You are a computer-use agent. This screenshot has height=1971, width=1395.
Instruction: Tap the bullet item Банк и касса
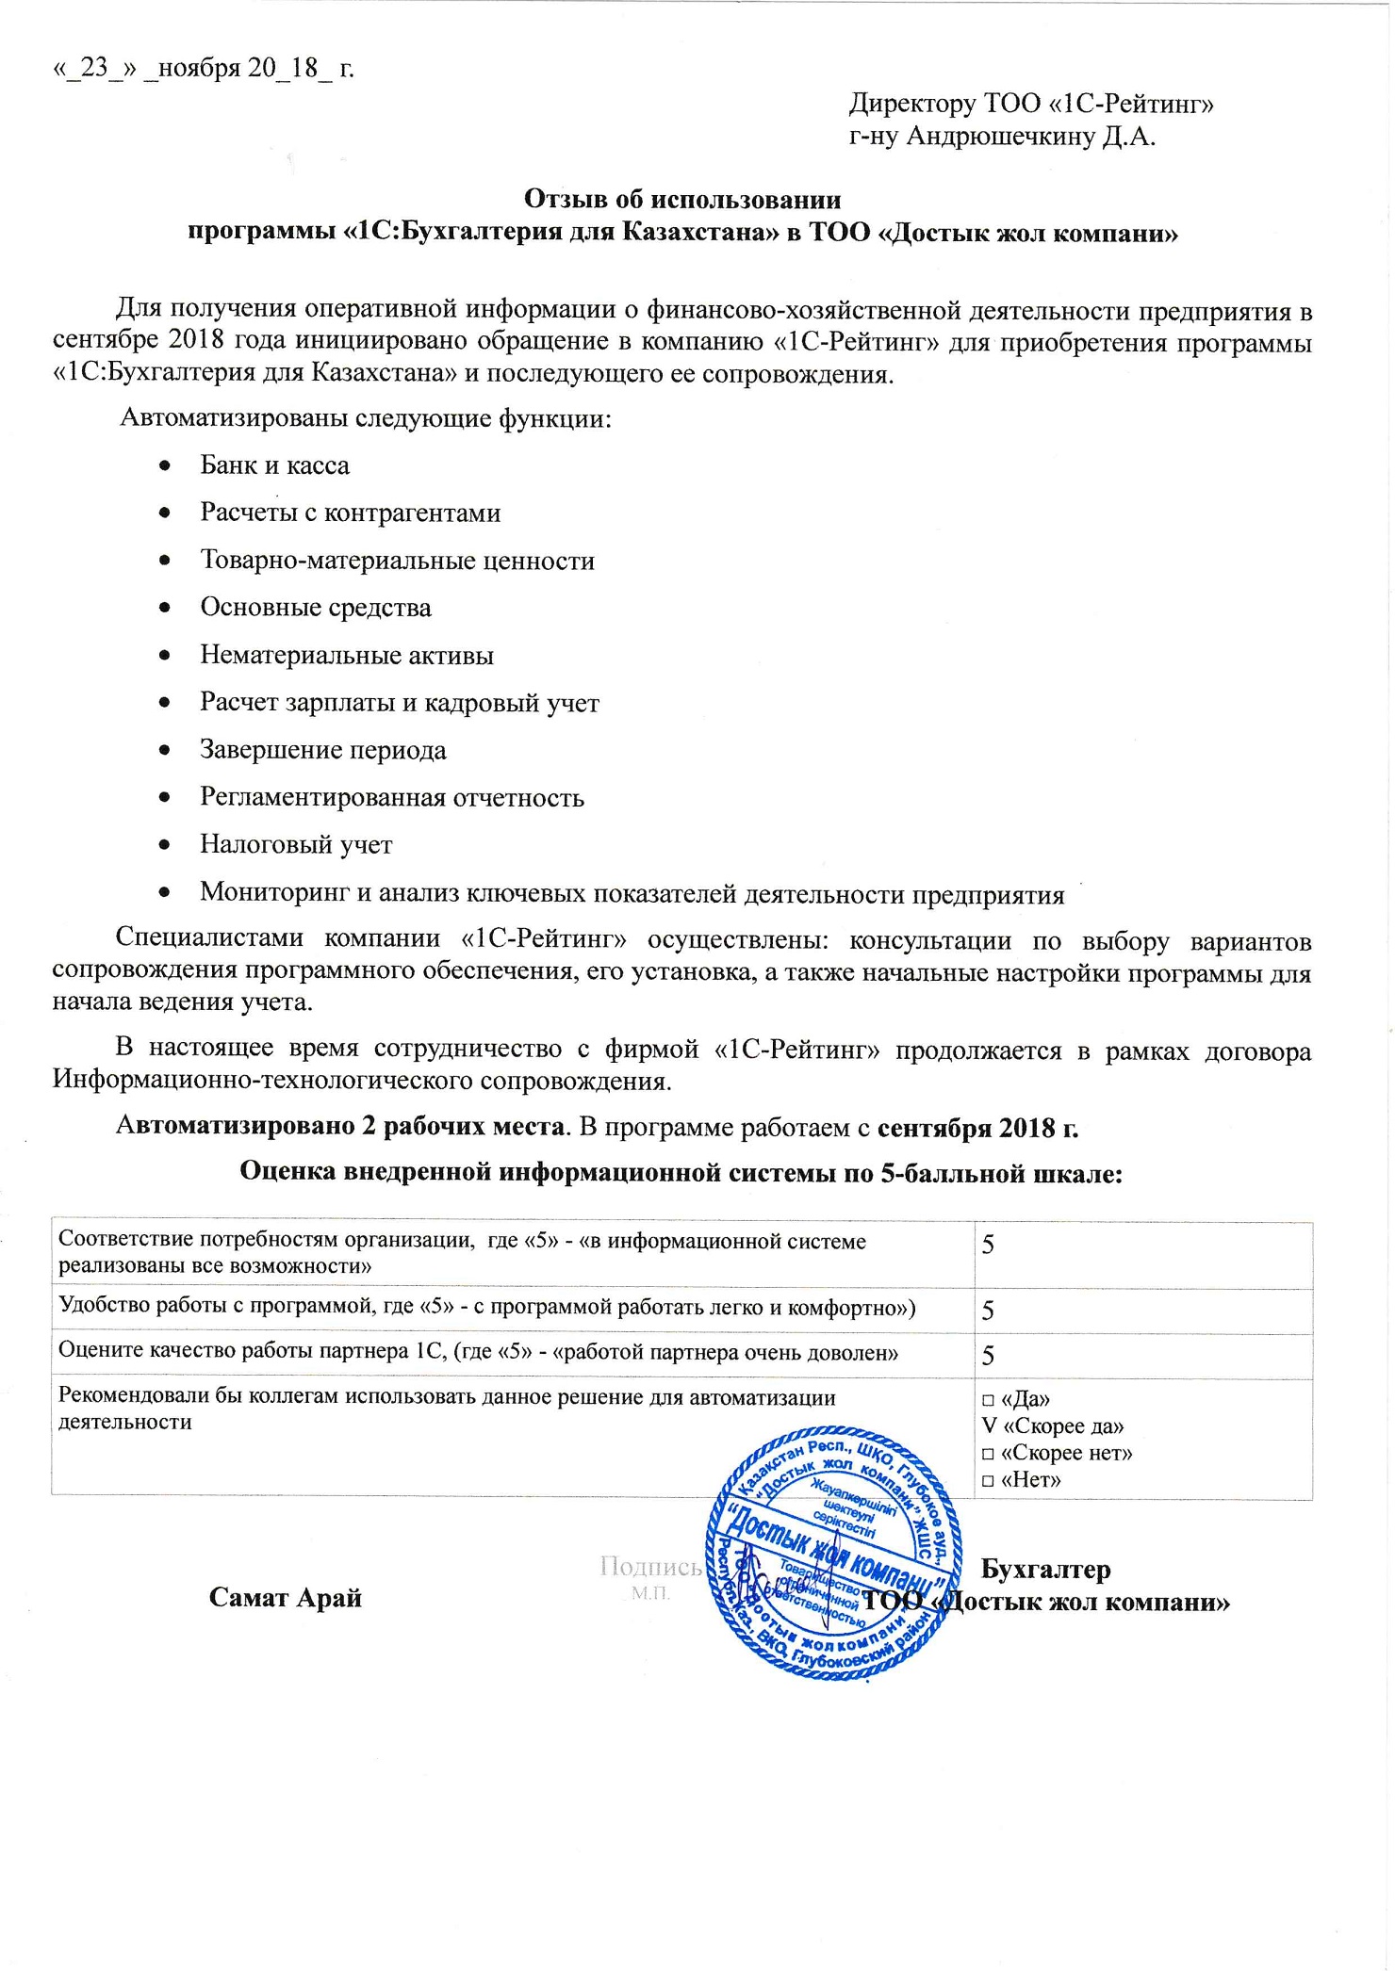tap(274, 465)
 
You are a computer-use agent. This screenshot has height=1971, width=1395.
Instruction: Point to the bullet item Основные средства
tap(316, 608)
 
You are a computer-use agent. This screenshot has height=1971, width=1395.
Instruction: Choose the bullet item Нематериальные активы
tap(347, 655)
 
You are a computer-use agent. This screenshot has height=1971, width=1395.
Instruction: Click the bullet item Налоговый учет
tap(296, 844)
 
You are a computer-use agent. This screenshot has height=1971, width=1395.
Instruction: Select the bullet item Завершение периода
tap(323, 750)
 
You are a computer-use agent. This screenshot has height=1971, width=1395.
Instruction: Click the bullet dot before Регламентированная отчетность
tap(165, 797)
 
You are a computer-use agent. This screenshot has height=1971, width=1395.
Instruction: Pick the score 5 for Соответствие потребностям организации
tap(989, 1246)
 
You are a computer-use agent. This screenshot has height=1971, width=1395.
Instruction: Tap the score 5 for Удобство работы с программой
tap(989, 1311)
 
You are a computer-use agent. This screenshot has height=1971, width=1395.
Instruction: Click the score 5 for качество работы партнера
tap(989, 1356)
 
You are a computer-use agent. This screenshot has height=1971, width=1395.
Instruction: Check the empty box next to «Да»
tap(988, 1400)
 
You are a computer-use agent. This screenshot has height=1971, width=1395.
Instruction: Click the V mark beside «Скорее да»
tap(988, 1426)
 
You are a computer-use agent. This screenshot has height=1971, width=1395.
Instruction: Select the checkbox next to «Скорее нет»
tap(988, 1454)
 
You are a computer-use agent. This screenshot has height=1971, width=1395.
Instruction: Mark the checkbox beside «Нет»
tap(988, 1480)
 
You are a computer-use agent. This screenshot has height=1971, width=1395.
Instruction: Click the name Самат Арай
tap(286, 1598)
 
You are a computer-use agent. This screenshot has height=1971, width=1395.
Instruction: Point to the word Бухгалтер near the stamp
tap(1045, 1570)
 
